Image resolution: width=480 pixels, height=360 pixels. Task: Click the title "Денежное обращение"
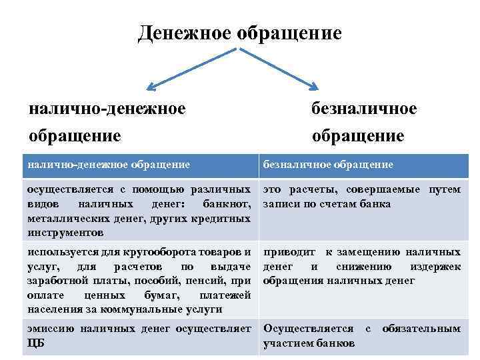[x=239, y=33]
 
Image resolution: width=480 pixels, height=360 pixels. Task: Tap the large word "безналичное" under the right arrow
[x=364, y=108]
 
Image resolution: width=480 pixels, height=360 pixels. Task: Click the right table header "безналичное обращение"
[x=328, y=164]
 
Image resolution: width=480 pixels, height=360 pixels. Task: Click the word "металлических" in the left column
[x=61, y=219]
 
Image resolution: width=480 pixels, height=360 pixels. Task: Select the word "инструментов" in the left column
[x=65, y=233]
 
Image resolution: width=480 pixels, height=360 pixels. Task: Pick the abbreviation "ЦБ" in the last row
[x=37, y=343]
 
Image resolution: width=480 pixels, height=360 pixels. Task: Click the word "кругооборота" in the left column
[x=161, y=252]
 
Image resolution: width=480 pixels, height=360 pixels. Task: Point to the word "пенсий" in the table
[x=202, y=281]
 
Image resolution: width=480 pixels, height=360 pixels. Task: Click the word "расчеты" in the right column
[x=309, y=189]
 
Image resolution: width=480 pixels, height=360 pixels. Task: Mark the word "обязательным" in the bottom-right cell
[x=421, y=329]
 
